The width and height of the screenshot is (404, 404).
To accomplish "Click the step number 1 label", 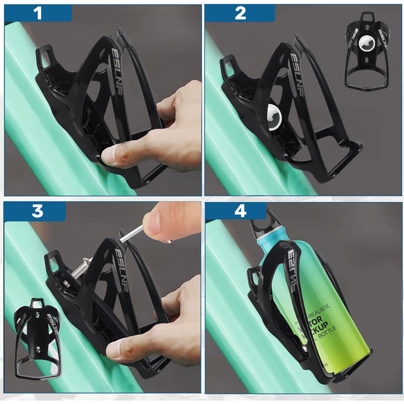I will [x=39, y=13].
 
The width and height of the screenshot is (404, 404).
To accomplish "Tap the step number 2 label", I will [x=240, y=13].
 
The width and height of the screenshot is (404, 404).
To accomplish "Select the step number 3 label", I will [x=37, y=211].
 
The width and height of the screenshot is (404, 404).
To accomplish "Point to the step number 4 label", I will [x=240, y=211].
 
